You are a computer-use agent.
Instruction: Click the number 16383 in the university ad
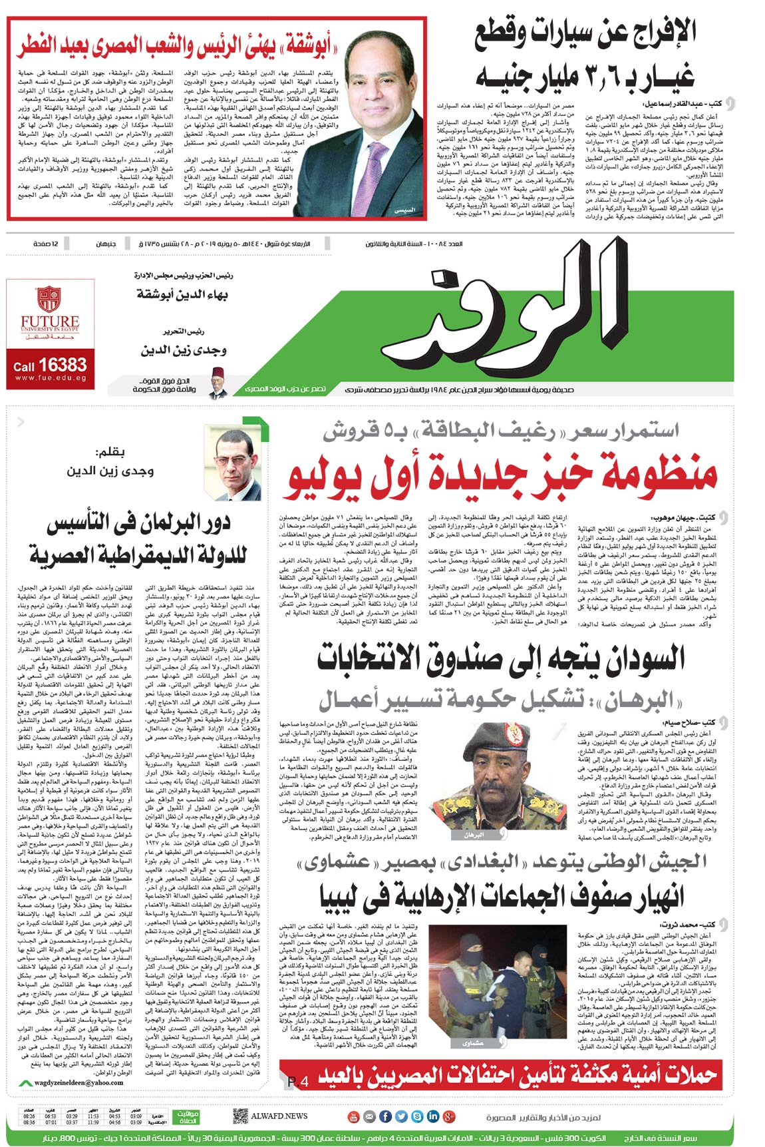(x=63, y=364)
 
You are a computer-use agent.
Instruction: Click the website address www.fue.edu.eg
(x=50, y=378)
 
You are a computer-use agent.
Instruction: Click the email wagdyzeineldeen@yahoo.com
(x=79, y=1082)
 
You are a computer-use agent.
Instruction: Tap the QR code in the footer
(x=241, y=1116)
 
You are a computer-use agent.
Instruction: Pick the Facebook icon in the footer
(x=385, y=1116)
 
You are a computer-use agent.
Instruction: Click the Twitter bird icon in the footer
(x=401, y=1116)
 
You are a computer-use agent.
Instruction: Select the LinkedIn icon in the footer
(x=433, y=1116)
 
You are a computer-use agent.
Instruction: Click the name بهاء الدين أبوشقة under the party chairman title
(x=182, y=294)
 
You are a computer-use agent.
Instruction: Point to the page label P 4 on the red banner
(x=298, y=1082)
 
